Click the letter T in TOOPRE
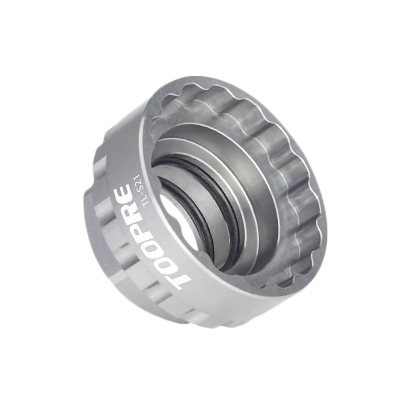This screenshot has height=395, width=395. [x=183, y=277]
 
